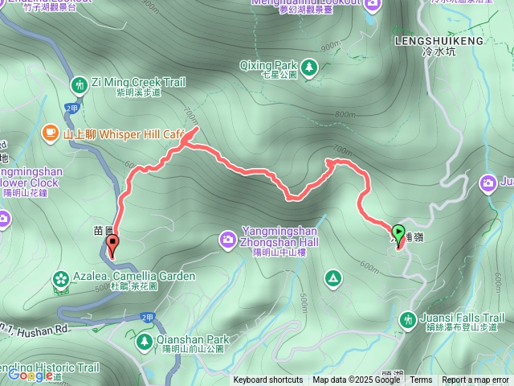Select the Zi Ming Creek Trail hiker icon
[80, 84]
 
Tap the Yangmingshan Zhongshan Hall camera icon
[228, 239]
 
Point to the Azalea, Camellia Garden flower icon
[60, 278]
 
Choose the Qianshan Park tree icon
[145, 342]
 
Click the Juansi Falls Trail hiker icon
[408, 320]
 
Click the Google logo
[31, 375]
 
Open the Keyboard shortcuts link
[268, 380]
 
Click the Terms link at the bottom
[421, 380]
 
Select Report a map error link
[475, 380]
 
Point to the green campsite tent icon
[332, 278]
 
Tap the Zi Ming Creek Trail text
[138, 82]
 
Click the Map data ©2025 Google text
[357, 380]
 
